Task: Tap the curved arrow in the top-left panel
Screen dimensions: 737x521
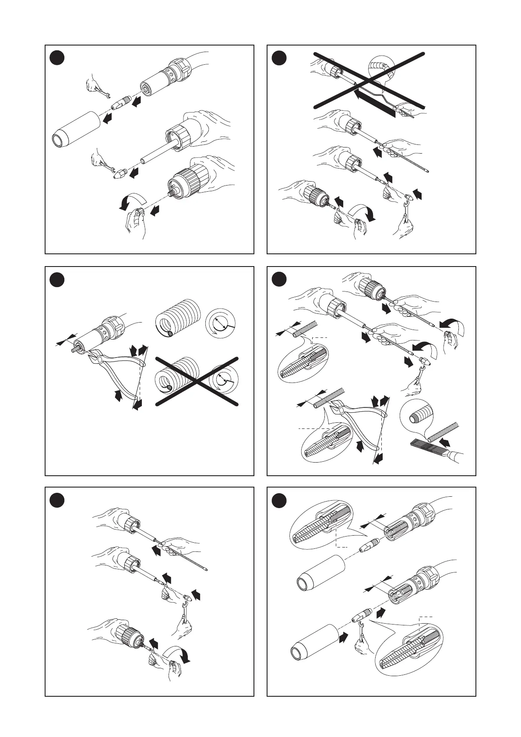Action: point(131,201)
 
